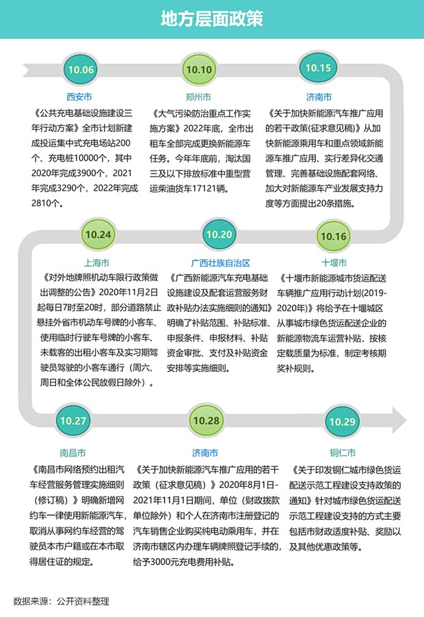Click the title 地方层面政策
[x=211, y=18]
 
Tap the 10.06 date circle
[x=81, y=70]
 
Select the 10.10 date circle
[x=199, y=70]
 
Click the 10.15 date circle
[x=318, y=68]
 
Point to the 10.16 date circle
[x=334, y=236]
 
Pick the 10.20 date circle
[x=219, y=235]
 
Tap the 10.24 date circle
[x=98, y=235]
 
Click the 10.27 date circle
[x=73, y=421]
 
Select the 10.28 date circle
[x=206, y=421]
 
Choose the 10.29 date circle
[x=342, y=422]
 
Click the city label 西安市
[x=79, y=97]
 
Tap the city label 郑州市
[x=198, y=97]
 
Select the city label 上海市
[x=96, y=263]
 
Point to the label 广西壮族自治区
[x=221, y=263]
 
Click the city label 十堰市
[x=334, y=263]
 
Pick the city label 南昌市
[x=72, y=453]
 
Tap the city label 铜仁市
[x=343, y=453]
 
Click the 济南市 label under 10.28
[x=205, y=453]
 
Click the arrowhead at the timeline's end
[x=399, y=420]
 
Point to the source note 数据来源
[x=62, y=601]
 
